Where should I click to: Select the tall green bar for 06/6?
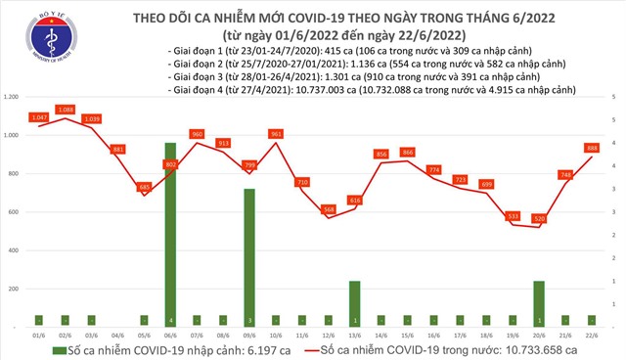tap(170, 235)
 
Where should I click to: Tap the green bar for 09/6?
tap(249, 257)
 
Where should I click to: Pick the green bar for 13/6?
tap(354, 303)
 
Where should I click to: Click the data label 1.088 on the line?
tap(66, 110)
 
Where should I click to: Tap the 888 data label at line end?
tap(592, 148)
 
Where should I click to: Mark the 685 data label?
tap(145, 187)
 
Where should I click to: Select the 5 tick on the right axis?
tap(613, 97)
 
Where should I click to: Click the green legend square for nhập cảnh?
tap(60, 348)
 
